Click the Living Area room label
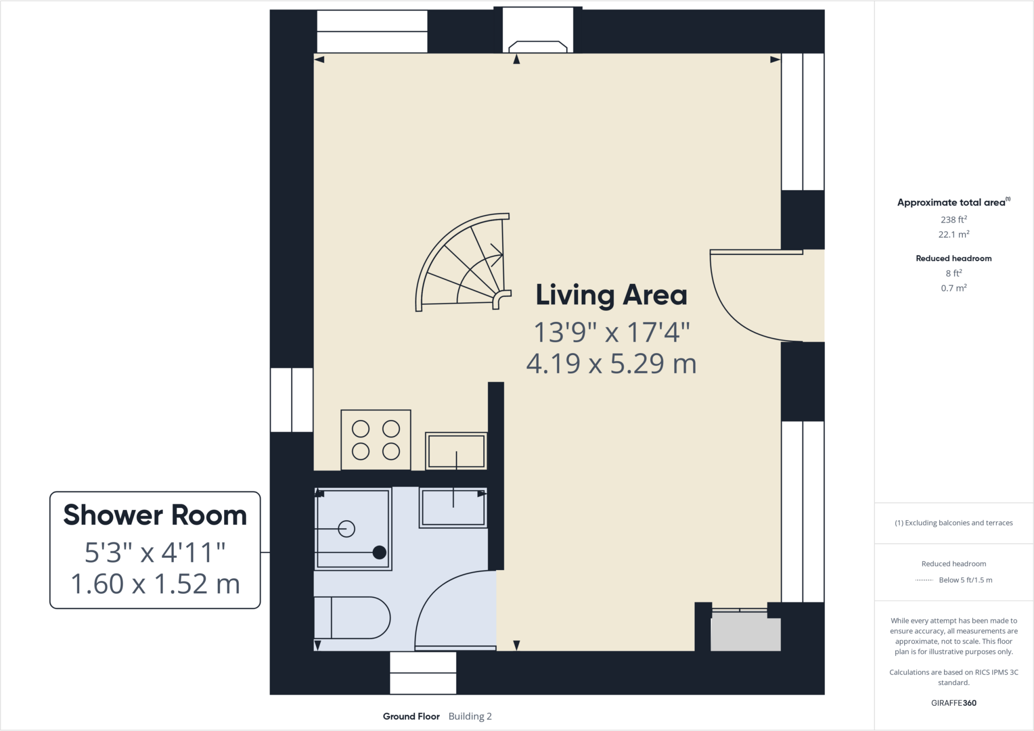611,295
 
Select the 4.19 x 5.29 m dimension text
611,364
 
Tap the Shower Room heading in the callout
155,515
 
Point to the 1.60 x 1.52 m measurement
155,584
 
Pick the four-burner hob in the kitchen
376,440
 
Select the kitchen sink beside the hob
456,451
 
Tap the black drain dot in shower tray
379,552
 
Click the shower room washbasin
453,508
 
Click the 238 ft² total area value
953,219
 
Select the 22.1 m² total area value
953,235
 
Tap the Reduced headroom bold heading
953,258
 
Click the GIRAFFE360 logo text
953,703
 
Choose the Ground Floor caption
411,716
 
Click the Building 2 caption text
470,716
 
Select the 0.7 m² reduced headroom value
953,288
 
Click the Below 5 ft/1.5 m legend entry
965,580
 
